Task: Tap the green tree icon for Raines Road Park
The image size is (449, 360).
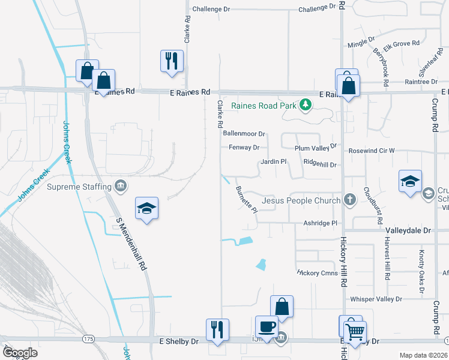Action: click(306, 106)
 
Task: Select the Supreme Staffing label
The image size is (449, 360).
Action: click(80, 187)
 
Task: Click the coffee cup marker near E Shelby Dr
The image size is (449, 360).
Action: click(267, 327)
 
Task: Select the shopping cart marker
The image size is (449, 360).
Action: click(355, 329)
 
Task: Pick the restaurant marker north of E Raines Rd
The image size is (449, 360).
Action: click(172, 61)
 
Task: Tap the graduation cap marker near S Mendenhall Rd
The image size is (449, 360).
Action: click(146, 208)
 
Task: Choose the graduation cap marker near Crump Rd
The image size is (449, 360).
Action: click(410, 181)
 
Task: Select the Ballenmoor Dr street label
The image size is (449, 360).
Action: click(244, 134)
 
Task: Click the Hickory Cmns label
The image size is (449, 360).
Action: click(318, 272)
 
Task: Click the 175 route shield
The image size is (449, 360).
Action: click(89, 340)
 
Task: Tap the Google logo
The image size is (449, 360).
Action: click(20, 353)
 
